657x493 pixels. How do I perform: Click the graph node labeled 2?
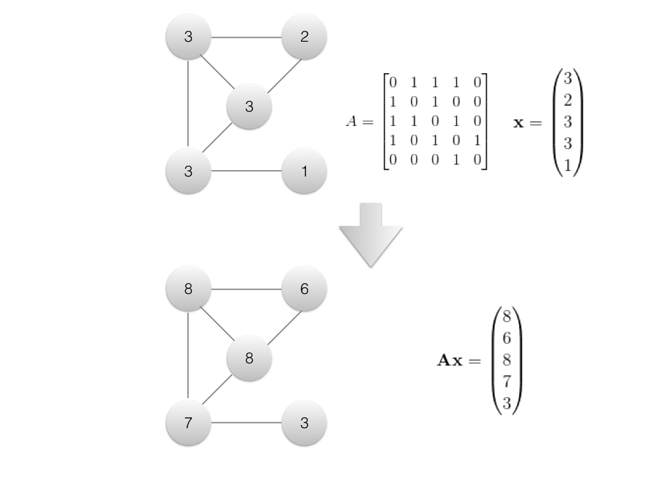(x=304, y=37)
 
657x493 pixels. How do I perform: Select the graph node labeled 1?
(x=304, y=171)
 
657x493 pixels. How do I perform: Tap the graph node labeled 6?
(x=304, y=290)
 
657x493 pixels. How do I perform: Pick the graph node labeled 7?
(x=188, y=423)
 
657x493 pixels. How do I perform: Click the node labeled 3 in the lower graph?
(x=304, y=423)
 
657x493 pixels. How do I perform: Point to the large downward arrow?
(x=371, y=235)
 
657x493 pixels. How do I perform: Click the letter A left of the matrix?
(x=352, y=121)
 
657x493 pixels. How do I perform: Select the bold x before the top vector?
(x=518, y=122)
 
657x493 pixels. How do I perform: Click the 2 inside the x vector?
(x=568, y=100)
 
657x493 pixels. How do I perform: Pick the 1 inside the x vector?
(x=568, y=165)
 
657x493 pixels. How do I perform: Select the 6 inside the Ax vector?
(x=506, y=338)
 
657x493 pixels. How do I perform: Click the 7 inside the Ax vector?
(x=506, y=383)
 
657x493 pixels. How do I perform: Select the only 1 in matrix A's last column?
(x=477, y=141)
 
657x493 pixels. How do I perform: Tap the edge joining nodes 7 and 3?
(x=246, y=423)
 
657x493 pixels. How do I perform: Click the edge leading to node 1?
(x=246, y=171)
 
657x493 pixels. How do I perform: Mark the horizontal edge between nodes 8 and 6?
(x=246, y=290)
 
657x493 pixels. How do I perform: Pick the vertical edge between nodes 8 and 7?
(x=188, y=356)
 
